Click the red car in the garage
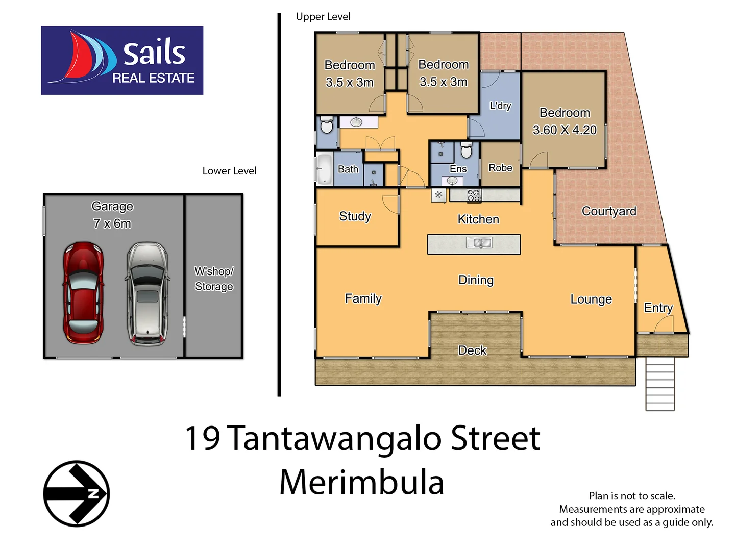pyautogui.click(x=83, y=293)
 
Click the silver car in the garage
pyautogui.click(x=147, y=294)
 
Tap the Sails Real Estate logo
pyautogui.click(x=122, y=60)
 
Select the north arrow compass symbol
pyautogui.click(x=77, y=493)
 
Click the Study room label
pyautogui.click(x=355, y=216)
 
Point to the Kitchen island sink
pyautogui.click(x=479, y=243)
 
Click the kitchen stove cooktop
pyautogui.click(x=473, y=195)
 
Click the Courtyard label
pyautogui.click(x=609, y=211)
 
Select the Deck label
pyautogui.click(x=472, y=350)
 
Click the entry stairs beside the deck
pyautogui.click(x=660, y=384)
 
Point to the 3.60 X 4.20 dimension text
pyautogui.click(x=565, y=130)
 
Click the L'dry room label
pyautogui.click(x=500, y=106)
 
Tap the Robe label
pyautogui.click(x=500, y=168)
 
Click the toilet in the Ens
pyautogui.click(x=466, y=151)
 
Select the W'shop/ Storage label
pyautogui.click(x=214, y=279)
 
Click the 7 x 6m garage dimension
pyautogui.click(x=112, y=223)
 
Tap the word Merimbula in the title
pyautogui.click(x=361, y=483)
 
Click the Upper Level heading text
pyautogui.click(x=323, y=17)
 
